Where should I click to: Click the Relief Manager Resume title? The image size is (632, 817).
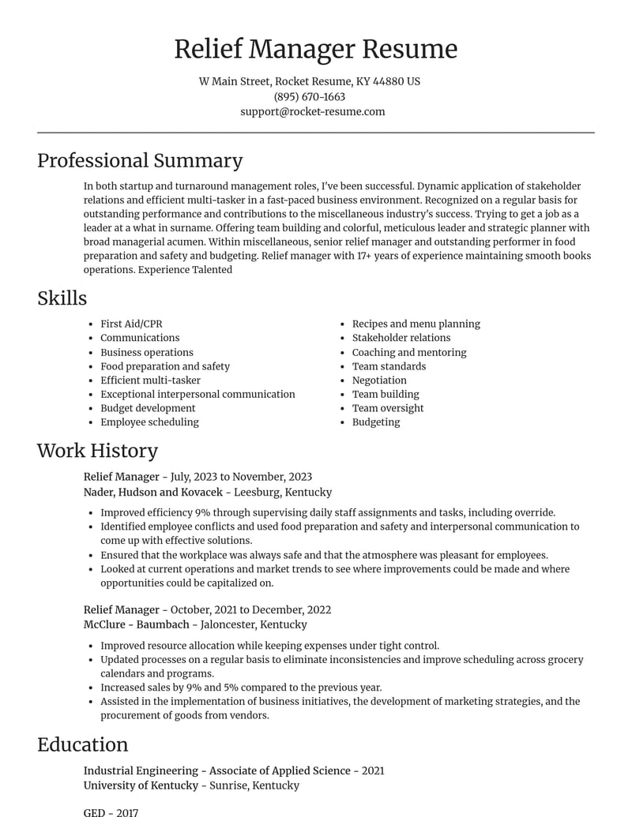tap(315, 49)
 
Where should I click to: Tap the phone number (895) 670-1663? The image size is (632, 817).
tap(310, 96)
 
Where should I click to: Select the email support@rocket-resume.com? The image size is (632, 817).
tap(313, 111)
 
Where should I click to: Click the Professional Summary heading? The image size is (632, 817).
tap(140, 160)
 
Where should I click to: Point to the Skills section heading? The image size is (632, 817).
tap(62, 298)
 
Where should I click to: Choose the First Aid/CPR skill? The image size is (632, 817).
tap(131, 324)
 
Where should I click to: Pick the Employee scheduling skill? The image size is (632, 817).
tap(149, 422)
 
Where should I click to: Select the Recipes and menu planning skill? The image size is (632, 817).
tap(416, 324)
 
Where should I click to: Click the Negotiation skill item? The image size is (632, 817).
tap(379, 380)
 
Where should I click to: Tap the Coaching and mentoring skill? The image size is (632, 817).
tap(409, 352)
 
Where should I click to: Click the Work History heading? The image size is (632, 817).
tap(97, 450)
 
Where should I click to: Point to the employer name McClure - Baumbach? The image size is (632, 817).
tap(137, 624)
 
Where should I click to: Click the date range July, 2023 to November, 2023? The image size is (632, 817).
tap(241, 477)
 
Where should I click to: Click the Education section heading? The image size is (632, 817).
tap(82, 744)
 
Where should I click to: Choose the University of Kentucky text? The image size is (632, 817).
tap(141, 785)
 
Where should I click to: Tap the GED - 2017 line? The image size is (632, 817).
tap(111, 811)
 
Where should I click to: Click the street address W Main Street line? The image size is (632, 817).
tap(309, 81)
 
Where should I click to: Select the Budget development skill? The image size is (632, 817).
tap(148, 408)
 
